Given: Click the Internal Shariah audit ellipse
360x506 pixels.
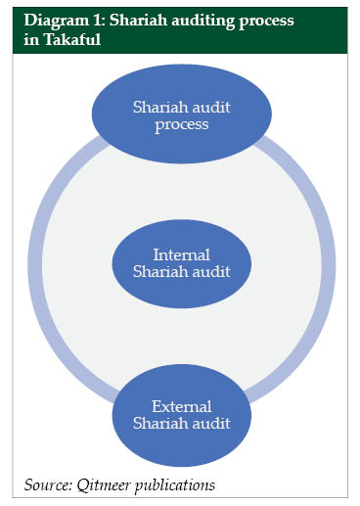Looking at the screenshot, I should click(180, 261).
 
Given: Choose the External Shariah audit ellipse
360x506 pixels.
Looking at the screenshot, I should click(180, 413).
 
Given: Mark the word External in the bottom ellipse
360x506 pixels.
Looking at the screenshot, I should click(180, 404).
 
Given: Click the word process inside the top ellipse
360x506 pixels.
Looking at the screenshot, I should click(180, 125).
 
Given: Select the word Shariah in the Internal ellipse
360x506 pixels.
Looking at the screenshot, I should click(158, 271).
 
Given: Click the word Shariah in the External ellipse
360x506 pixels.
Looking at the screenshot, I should click(158, 423).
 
